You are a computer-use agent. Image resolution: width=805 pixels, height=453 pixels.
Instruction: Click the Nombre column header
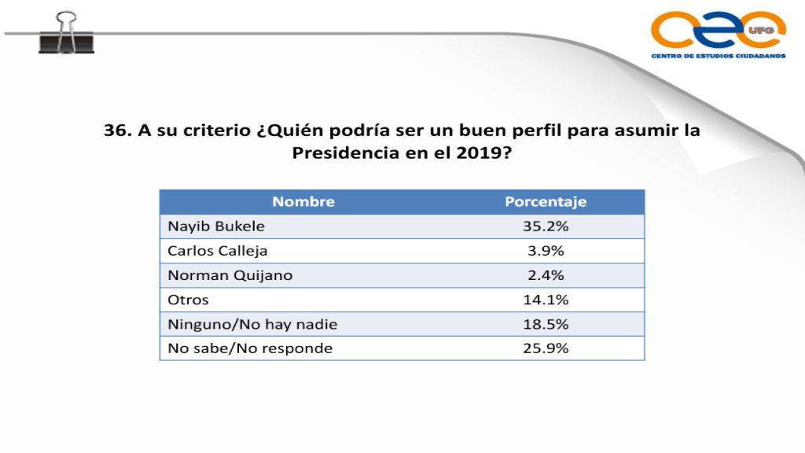[303, 202]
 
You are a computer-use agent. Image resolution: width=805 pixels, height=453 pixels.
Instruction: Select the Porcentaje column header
[546, 202]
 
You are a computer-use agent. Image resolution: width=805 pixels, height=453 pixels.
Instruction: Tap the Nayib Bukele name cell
[216, 226]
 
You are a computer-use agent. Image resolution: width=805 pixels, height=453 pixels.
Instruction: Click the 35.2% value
[546, 226]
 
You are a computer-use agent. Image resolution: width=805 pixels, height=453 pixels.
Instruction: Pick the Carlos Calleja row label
[218, 251]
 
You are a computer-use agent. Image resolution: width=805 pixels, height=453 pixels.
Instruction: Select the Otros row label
[188, 300]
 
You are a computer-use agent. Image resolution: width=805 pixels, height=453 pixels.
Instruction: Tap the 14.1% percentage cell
[546, 300]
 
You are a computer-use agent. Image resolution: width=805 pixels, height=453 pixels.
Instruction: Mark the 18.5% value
[546, 324]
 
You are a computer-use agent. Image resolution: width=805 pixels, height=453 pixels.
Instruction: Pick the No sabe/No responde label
[250, 348]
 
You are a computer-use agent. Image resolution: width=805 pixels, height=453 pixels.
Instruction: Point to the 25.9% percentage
[546, 348]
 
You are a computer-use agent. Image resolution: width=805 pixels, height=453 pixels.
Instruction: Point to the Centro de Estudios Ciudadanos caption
[718, 57]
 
